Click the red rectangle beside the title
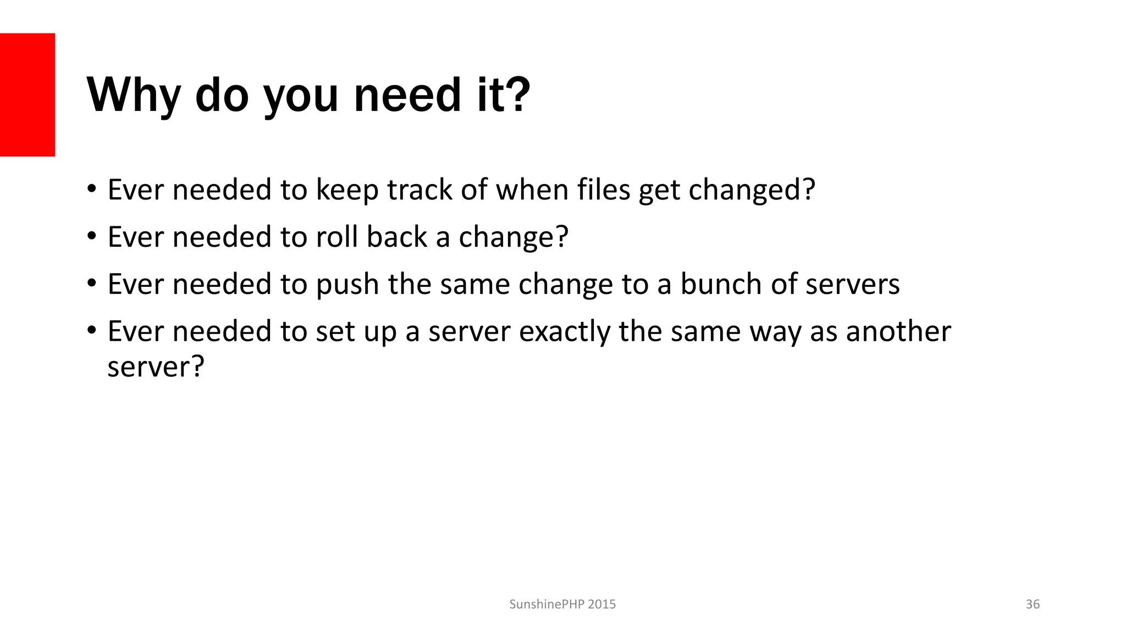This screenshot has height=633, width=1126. [x=27, y=95]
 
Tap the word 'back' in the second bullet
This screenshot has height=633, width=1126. [x=396, y=237]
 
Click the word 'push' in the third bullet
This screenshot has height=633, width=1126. [x=347, y=285]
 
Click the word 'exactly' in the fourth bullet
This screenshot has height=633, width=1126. [x=564, y=332]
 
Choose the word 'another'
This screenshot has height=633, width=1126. [x=898, y=331]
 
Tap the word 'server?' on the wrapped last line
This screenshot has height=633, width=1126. [x=156, y=367]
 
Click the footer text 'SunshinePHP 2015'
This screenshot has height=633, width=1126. [x=562, y=604]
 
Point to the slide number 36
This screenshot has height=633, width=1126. [x=1033, y=604]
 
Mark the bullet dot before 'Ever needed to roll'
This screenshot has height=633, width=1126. [x=91, y=236]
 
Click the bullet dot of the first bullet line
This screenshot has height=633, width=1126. [x=91, y=189]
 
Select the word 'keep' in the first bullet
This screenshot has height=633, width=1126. [x=347, y=190]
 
